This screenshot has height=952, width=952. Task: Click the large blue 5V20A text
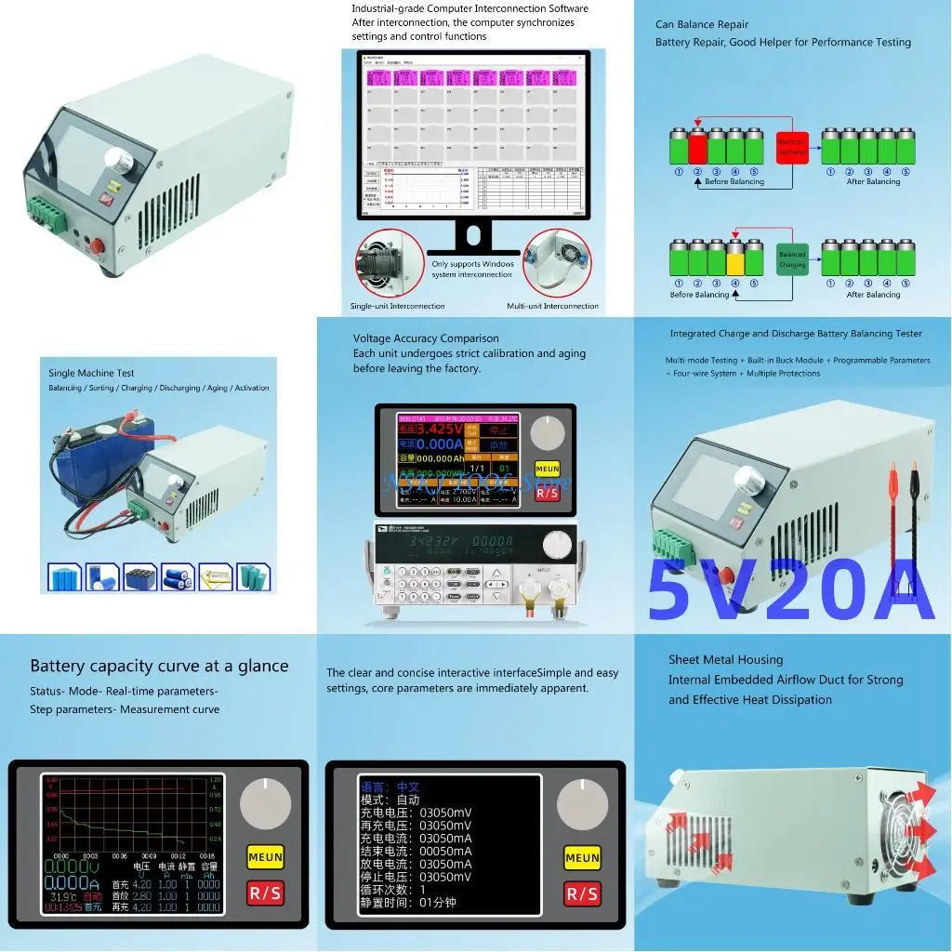tap(790, 591)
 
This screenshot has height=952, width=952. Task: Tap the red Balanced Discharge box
tap(792, 143)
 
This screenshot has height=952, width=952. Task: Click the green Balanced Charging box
tap(792, 259)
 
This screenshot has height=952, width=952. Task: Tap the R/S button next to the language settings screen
tap(582, 893)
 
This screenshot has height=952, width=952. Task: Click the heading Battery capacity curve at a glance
tap(159, 666)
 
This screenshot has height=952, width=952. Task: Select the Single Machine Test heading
tap(91, 373)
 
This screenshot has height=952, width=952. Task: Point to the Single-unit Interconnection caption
tap(397, 306)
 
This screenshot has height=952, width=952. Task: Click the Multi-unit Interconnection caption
tap(552, 306)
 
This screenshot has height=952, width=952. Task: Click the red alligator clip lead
tap(892, 502)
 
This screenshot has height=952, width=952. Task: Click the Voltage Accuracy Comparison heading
tap(426, 338)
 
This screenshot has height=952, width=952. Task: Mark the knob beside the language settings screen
tap(583, 805)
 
